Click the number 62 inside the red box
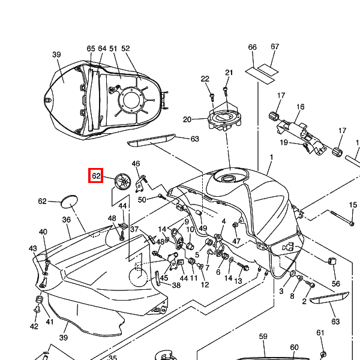click(x=97, y=176)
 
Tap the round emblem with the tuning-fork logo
click(x=123, y=181)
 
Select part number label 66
click(x=252, y=47)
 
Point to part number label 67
click(x=275, y=47)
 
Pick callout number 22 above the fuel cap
click(x=205, y=79)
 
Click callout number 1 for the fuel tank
click(x=271, y=157)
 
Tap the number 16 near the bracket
click(x=300, y=107)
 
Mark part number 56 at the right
click(x=336, y=284)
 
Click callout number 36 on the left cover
click(x=67, y=220)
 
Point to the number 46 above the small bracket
click(x=136, y=163)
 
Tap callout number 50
click(x=142, y=200)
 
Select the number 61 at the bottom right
click(x=320, y=332)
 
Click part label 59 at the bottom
click(x=263, y=337)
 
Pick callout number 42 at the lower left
click(x=34, y=326)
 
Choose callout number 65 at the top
click(x=91, y=48)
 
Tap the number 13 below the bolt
click(x=238, y=281)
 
